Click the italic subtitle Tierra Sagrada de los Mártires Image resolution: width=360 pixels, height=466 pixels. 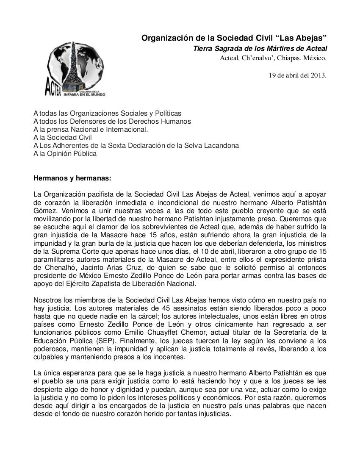tap(260, 49)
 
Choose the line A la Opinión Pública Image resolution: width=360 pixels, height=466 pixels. tap(65, 153)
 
